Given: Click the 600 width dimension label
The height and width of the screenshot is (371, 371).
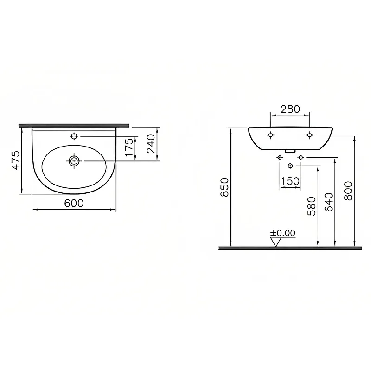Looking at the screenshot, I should tap(74, 203).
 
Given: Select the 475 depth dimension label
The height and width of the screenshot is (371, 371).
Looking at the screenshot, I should tap(16, 160).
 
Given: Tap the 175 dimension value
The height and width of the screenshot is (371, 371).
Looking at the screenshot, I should tap(129, 147).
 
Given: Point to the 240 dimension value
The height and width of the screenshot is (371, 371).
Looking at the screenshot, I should tap(150, 144).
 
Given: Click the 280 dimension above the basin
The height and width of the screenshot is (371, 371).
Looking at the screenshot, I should tap(290, 109).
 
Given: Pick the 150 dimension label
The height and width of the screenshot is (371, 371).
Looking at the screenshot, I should tap(290, 181).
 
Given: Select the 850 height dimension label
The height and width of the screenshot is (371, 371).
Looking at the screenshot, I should tap(224, 187).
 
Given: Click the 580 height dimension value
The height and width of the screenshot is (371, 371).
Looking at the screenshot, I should tap(311, 206).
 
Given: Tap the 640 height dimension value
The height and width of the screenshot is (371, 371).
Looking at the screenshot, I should tap(329, 202).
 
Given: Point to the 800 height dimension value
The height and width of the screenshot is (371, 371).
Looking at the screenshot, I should tap(348, 191).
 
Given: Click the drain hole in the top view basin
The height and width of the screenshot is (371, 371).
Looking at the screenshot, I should tap(74, 161).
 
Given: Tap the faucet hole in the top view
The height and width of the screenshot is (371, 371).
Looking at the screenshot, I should tap(74, 136).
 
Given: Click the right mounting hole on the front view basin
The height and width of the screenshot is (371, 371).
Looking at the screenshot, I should tap(310, 135).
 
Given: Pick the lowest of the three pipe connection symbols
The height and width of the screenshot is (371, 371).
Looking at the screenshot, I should tap(290, 166).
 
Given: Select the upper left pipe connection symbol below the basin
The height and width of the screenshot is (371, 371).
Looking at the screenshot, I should tap(280, 158).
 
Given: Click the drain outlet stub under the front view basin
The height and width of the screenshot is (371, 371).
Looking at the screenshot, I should tap(290, 150).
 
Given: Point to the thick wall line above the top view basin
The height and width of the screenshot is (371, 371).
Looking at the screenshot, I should tap(74, 125).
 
